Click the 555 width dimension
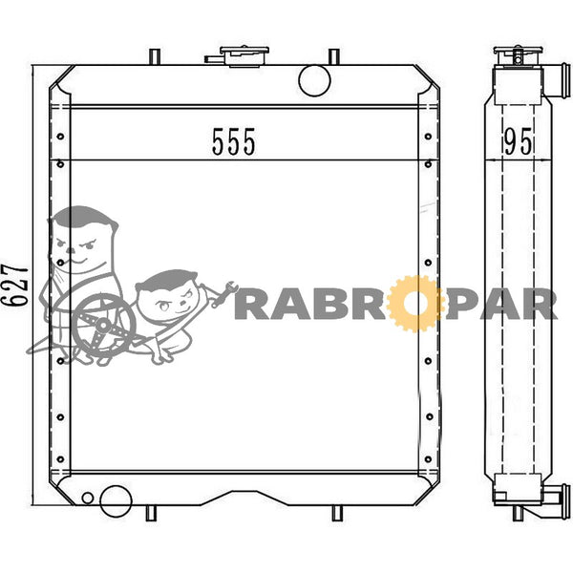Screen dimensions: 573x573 (x=234, y=141)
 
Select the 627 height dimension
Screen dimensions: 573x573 (x=15, y=286)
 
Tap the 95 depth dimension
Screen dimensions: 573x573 (x=518, y=141)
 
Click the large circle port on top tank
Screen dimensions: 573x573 (x=314, y=80)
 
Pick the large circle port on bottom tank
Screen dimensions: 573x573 (x=116, y=501)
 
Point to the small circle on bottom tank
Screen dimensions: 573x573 (x=88, y=498)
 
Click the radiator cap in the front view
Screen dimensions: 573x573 (x=244, y=56)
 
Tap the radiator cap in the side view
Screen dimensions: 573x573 (x=518, y=55)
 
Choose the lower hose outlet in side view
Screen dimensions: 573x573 (x=556, y=501)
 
